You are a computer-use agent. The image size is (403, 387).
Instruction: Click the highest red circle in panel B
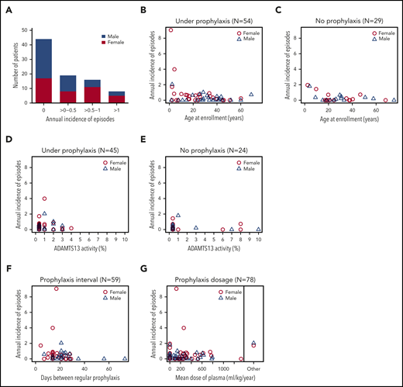point(171,30)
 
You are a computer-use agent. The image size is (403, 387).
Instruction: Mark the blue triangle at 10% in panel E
point(258,230)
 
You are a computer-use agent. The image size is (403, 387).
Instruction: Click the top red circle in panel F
point(56,289)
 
